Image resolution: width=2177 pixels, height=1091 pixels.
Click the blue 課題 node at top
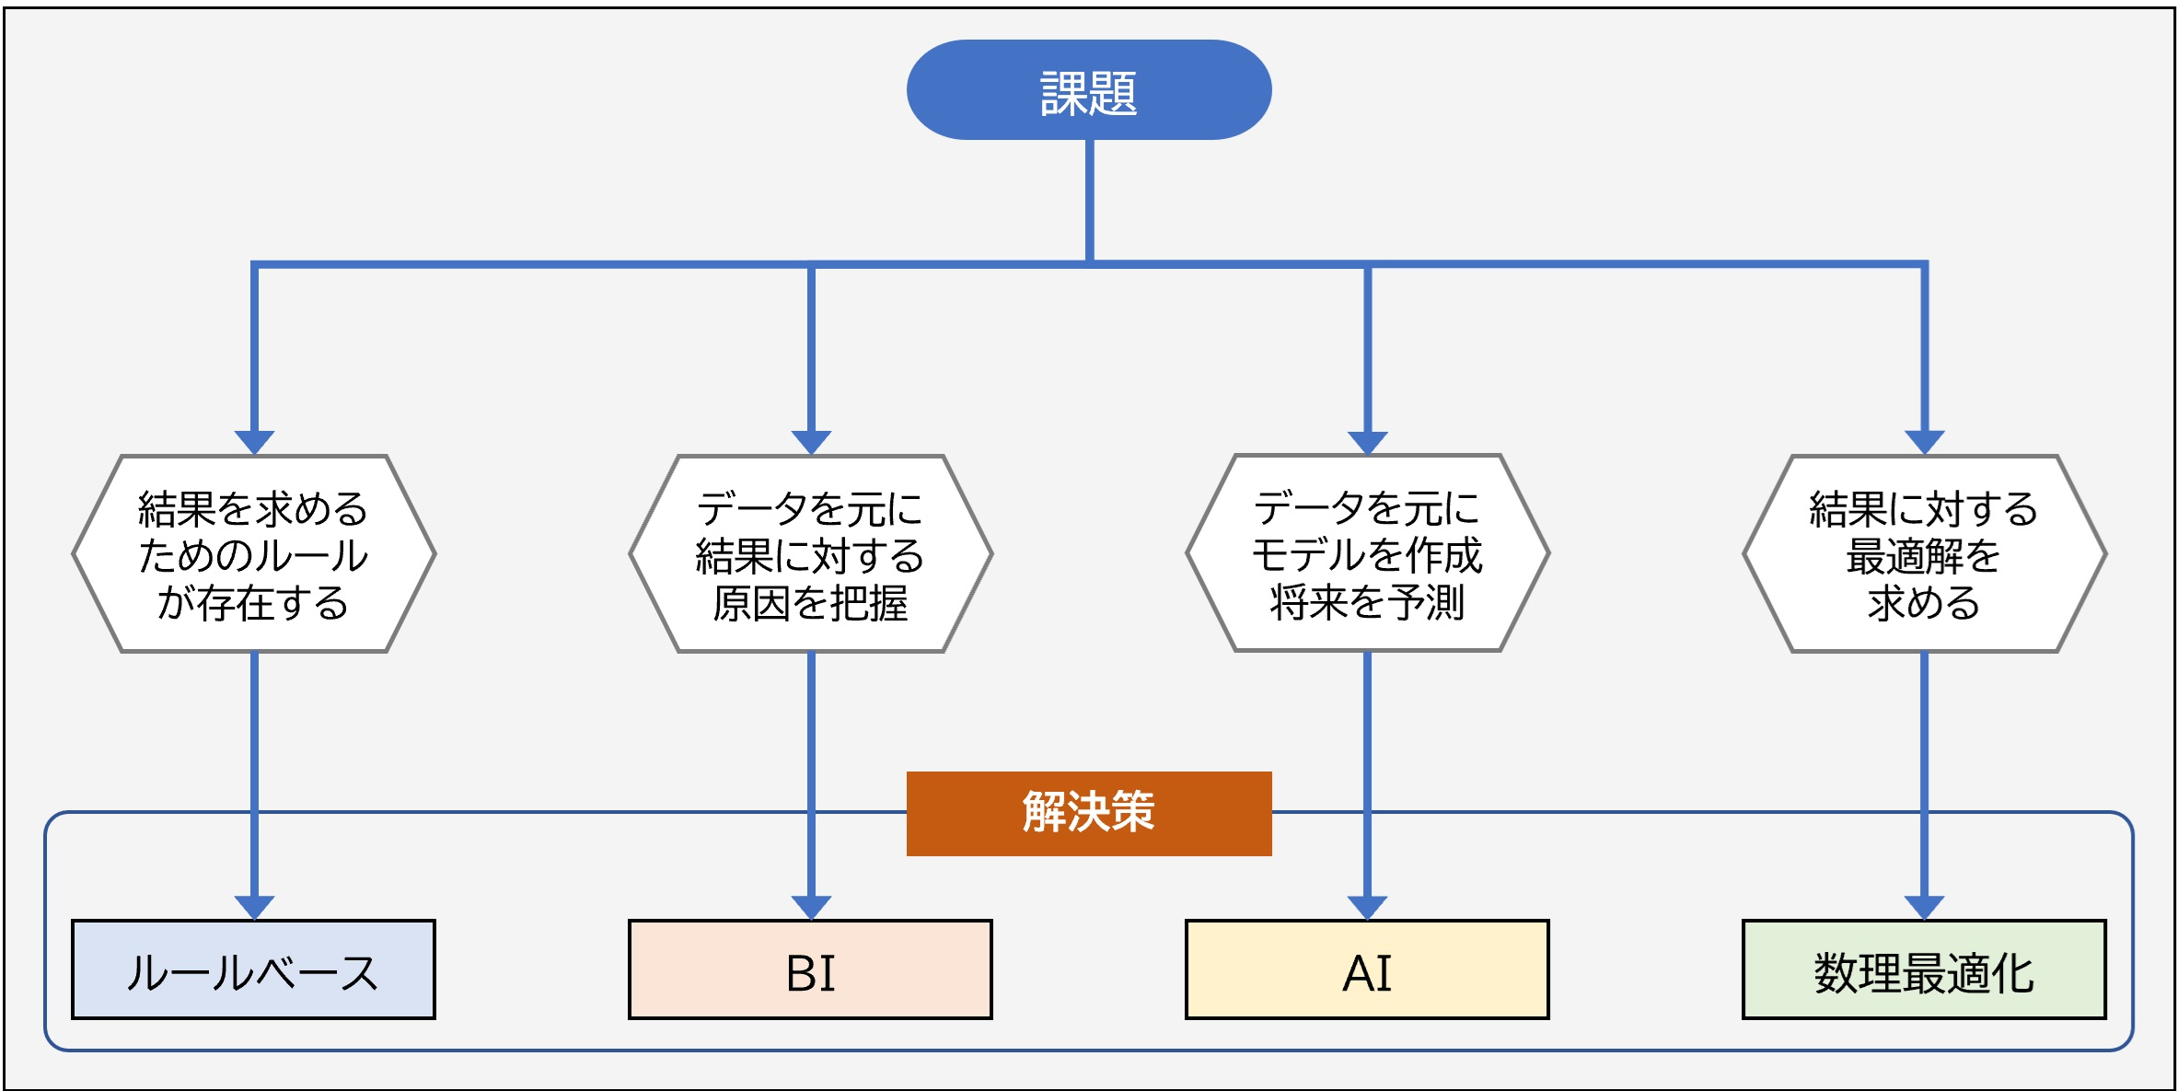1088,90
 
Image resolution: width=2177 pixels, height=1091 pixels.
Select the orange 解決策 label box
1088,813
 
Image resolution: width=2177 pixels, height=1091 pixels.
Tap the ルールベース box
253,969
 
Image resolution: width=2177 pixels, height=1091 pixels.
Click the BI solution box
810,969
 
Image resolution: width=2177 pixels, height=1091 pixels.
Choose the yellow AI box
1367,969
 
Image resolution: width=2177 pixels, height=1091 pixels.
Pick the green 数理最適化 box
1924,969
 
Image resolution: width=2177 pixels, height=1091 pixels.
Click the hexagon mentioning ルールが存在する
253,554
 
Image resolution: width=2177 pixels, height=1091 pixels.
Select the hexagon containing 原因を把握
810,554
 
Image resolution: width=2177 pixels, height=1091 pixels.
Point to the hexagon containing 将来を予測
1367,554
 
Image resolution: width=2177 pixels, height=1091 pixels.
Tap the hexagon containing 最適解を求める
1924,554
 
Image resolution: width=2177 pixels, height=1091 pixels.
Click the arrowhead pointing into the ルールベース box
254,906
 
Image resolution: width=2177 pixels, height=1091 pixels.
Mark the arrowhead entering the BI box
811,906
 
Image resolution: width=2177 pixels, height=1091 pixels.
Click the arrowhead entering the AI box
1367,906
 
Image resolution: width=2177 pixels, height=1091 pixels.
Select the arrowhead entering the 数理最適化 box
1924,906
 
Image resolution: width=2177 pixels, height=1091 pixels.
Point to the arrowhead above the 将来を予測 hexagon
1367,441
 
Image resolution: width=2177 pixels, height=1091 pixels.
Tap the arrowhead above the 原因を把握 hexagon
811,441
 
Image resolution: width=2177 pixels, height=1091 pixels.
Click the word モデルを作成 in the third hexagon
1367,554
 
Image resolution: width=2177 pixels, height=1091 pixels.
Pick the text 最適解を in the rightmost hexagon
1924,555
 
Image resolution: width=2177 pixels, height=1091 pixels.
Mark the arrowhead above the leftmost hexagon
254,441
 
